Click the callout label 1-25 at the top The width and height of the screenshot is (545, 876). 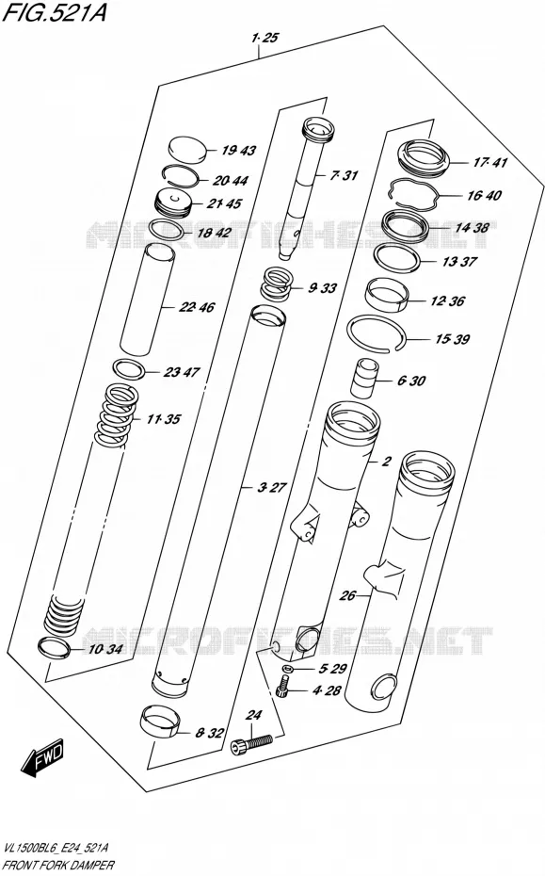click(264, 38)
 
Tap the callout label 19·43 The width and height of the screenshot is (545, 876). click(238, 151)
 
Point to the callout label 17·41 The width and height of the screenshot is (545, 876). click(490, 163)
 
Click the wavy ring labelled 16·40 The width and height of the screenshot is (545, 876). click(414, 193)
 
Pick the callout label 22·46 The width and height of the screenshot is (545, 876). click(197, 307)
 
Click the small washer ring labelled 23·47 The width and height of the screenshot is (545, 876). click(130, 369)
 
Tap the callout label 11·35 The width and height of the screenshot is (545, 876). click(164, 419)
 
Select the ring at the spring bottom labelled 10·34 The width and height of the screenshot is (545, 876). click(54, 647)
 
